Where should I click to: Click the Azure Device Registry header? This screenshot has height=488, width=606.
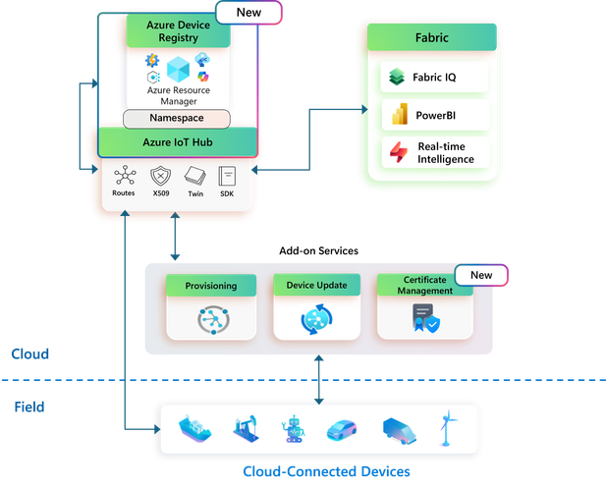click(x=179, y=31)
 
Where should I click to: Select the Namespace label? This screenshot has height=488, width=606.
click(x=177, y=118)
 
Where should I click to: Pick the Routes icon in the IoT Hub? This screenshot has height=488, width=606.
click(x=124, y=176)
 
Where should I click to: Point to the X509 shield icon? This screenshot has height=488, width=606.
click(x=161, y=176)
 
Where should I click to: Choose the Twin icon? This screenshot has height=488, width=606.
click(x=194, y=176)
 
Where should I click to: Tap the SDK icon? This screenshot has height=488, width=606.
click(x=227, y=176)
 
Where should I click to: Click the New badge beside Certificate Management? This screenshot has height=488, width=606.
click(x=480, y=275)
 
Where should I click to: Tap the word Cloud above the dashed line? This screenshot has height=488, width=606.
click(x=29, y=352)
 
